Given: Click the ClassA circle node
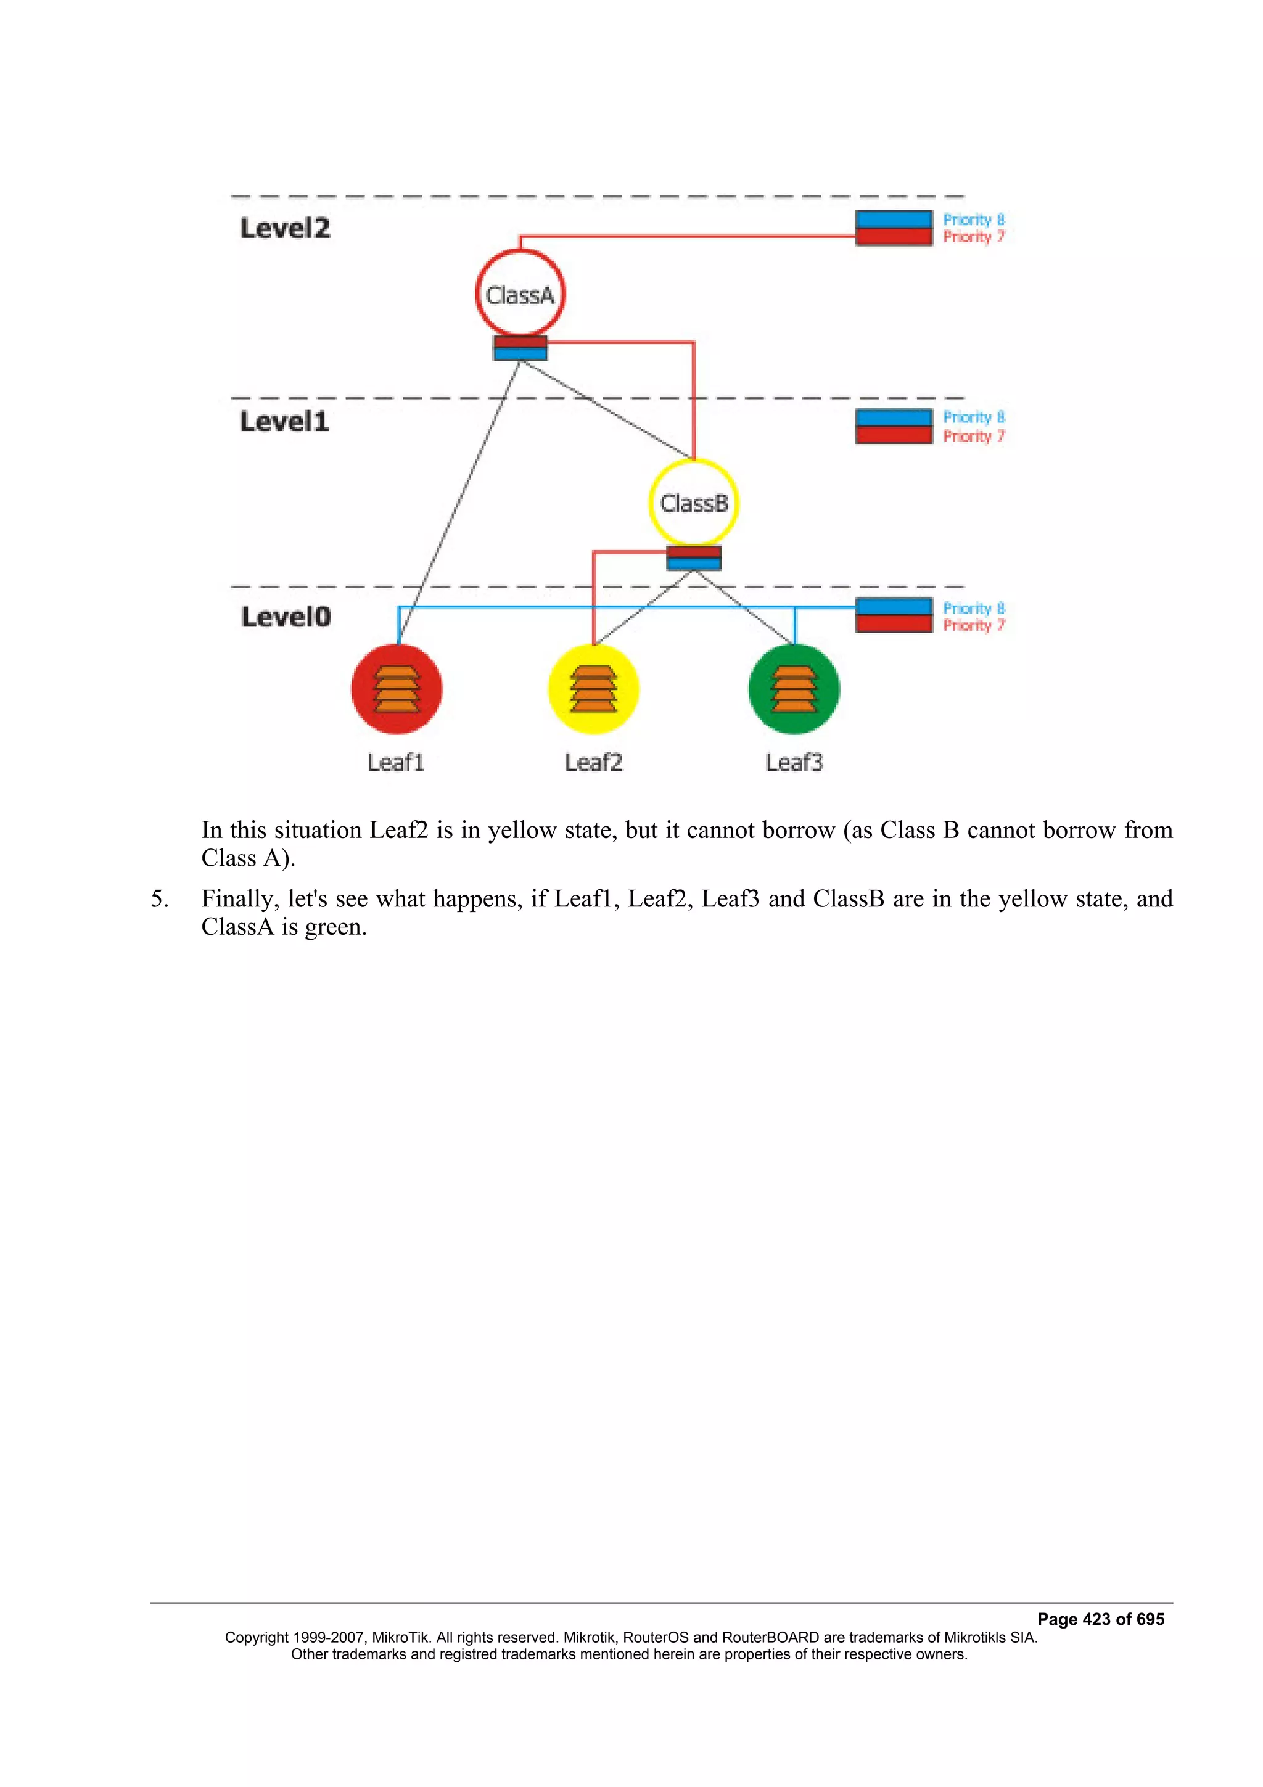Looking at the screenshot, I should click(x=520, y=294).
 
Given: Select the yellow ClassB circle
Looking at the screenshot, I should click(x=693, y=503).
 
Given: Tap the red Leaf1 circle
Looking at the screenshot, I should click(x=397, y=689).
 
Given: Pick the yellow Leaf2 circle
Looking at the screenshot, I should click(x=594, y=689).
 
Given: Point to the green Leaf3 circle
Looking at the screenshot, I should click(x=794, y=689).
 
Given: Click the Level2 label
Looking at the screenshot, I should click(x=285, y=228).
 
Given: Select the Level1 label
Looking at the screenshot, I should click(x=284, y=421).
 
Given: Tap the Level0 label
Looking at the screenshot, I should click(x=286, y=617).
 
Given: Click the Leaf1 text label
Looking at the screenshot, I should click(x=396, y=762).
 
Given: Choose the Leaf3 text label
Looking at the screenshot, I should click(x=794, y=762).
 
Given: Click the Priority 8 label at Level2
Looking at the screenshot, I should click(x=974, y=220).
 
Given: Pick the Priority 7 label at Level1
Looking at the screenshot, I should click(x=974, y=436).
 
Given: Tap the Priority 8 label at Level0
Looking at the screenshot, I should click(x=974, y=608).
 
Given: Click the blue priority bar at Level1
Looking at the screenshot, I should click(x=894, y=418).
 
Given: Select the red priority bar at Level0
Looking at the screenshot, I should click(x=894, y=623).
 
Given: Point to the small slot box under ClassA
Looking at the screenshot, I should click(x=520, y=348).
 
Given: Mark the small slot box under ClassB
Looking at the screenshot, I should click(x=693, y=557).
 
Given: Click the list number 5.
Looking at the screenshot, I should click(x=160, y=899).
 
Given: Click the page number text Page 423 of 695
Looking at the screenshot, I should click(x=1100, y=1619).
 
